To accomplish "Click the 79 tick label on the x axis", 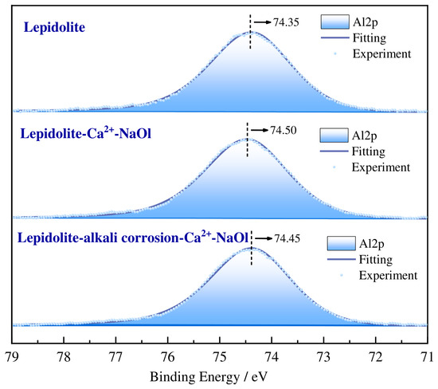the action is [12, 357].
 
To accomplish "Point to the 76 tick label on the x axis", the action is [168, 357].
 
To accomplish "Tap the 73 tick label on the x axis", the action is [324, 357].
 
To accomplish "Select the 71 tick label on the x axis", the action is [428, 357].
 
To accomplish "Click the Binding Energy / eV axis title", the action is [209, 377].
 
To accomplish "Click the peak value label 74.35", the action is [286, 22].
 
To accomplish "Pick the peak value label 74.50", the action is [284, 130].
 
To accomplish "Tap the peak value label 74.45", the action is [287, 238].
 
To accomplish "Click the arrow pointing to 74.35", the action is [263, 22].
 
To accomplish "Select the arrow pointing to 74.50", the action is [260, 130].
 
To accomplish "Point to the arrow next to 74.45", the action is [264, 238].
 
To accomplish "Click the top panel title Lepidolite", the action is [54, 27].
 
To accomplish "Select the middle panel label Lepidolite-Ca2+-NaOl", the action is [86, 133].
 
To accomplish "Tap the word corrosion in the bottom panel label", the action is [150, 238].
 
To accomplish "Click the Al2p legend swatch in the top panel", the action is [335, 22].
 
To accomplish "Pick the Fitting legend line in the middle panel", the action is [334, 151].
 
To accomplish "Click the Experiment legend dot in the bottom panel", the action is [342, 276].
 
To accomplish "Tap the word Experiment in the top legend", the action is [381, 54].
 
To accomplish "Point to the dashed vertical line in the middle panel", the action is [247, 139].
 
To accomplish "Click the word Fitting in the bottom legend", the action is [376, 260].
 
